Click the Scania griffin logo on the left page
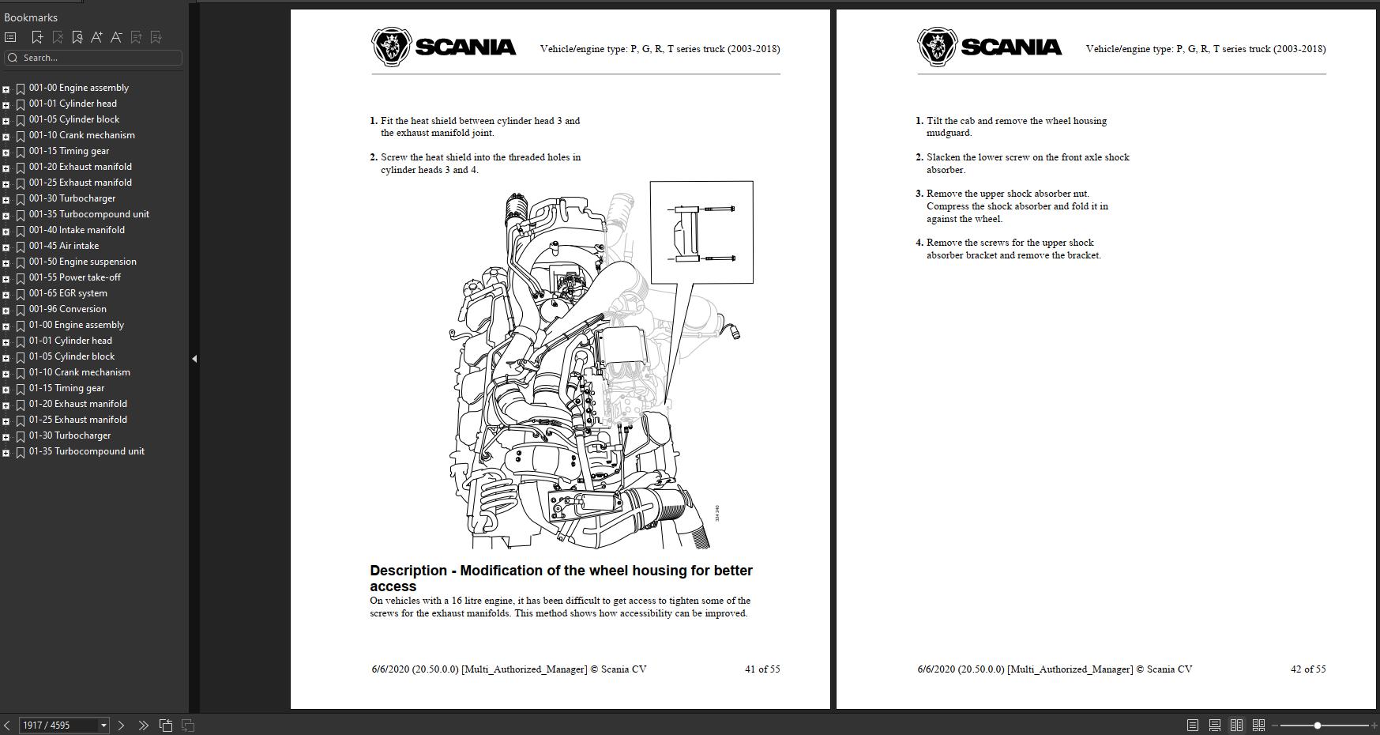392,47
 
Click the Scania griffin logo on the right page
938,47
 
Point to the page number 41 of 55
761,669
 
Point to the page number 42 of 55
1307,669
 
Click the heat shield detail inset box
701,232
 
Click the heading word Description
408,571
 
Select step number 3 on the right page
919,194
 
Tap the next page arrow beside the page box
121,725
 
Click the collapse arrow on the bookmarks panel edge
194,359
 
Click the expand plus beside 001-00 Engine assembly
6,89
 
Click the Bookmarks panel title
31,17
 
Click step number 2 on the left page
374,157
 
